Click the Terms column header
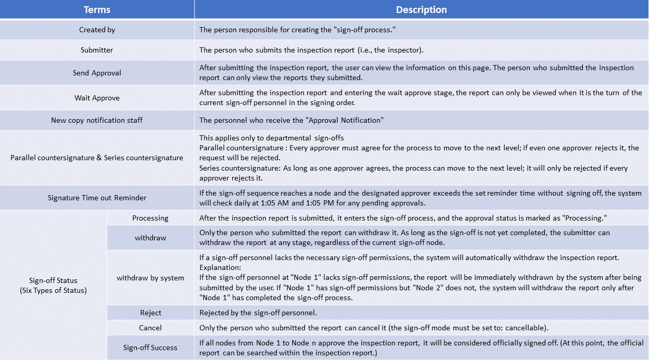pos(97,10)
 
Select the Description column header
pos(421,10)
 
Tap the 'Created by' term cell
pos(97,30)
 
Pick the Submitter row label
pos(97,50)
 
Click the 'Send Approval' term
pos(97,73)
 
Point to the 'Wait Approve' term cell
pos(97,98)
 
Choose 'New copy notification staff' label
pos(97,120)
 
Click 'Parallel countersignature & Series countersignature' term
pos(97,158)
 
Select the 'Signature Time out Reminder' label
pos(97,198)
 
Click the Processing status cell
pos(150,218)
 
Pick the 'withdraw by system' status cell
pos(150,278)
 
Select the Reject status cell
pos(150,313)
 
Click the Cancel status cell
pos(150,328)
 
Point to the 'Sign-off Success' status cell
pos(150,348)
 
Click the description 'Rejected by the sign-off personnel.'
pos(259,313)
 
